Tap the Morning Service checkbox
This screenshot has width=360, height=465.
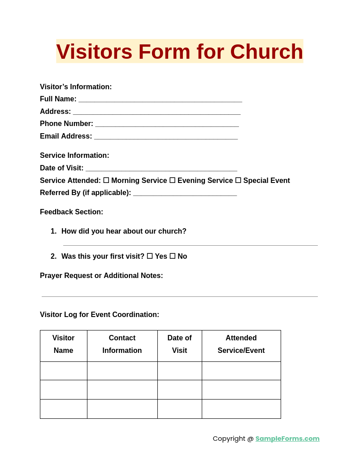[106, 180]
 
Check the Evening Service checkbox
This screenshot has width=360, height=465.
[172, 180]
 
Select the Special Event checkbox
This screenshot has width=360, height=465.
[238, 180]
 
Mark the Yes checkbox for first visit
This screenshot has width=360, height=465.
[150, 256]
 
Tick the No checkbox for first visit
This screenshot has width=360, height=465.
[172, 256]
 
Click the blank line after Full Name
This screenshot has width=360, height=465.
[160, 100]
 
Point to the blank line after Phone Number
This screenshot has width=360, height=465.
[167, 125]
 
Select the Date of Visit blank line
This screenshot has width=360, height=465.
[161, 169]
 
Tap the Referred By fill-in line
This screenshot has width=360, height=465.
[185, 194]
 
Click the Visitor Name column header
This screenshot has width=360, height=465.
[64, 344]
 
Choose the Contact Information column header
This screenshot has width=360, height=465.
[122, 344]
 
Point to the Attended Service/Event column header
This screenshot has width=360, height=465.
[241, 344]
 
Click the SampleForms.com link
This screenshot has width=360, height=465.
[287, 439]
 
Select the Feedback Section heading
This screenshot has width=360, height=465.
[71, 212]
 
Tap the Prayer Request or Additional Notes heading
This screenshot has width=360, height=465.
[101, 276]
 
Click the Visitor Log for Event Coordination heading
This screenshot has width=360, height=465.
[100, 315]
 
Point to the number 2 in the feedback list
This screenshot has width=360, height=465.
[53, 256]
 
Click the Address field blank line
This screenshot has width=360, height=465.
[157, 113]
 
